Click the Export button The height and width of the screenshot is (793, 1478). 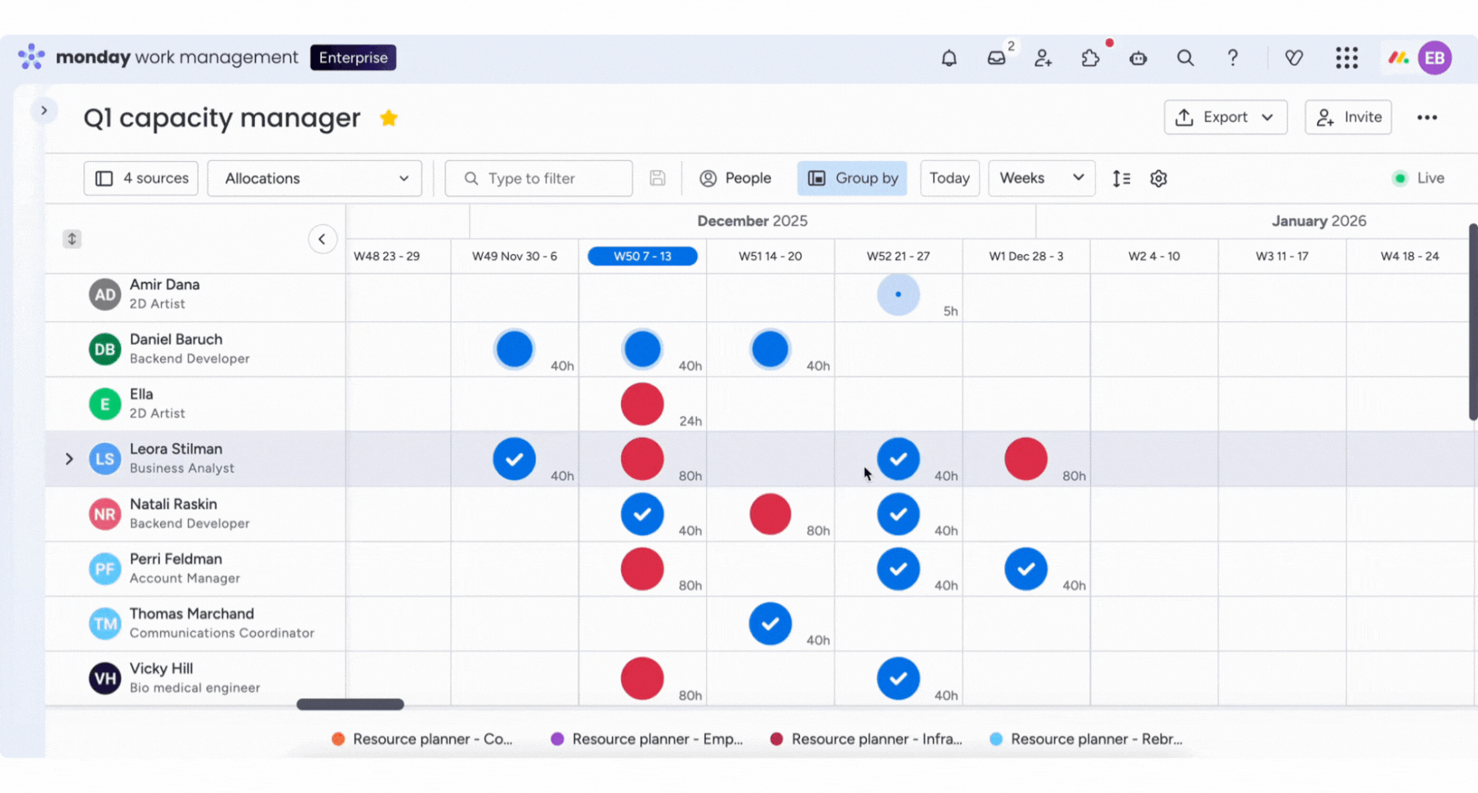pyautogui.click(x=1226, y=117)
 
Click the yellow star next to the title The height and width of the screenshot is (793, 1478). pyautogui.click(x=389, y=118)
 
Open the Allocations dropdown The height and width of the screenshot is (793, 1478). pyautogui.click(x=315, y=178)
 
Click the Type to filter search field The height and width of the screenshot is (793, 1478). pyautogui.click(x=538, y=178)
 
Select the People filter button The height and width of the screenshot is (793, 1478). pyautogui.click(x=735, y=178)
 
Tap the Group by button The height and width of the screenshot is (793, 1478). pyautogui.click(x=852, y=178)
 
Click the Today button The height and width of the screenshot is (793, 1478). pyautogui.click(x=949, y=178)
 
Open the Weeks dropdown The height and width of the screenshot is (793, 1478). pyautogui.click(x=1041, y=178)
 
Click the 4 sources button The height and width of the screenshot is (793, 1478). pyautogui.click(x=141, y=178)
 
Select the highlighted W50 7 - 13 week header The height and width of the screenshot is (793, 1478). pyautogui.click(x=642, y=256)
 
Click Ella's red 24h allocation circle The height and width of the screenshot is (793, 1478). pyautogui.click(x=642, y=404)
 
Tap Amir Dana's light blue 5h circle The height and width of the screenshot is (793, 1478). pyautogui.click(x=898, y=294)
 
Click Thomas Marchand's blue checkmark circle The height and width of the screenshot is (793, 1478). pyautogui.click(x=770, y=624)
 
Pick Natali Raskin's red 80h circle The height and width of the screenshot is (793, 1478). pyautogui.click(x=770, y=514)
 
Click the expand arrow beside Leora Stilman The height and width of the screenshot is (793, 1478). pyautogui.click(x=69, y=459)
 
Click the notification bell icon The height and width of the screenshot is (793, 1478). pyautogui.click(x=949, y=58)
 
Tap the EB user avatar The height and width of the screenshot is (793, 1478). pyautogui.click(x=1435, y=58)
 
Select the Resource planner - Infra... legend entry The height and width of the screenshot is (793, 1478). pyautogui.click(x=867, y=739)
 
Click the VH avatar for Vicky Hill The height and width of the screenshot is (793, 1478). pyautogui.click(x=105, y=679)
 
